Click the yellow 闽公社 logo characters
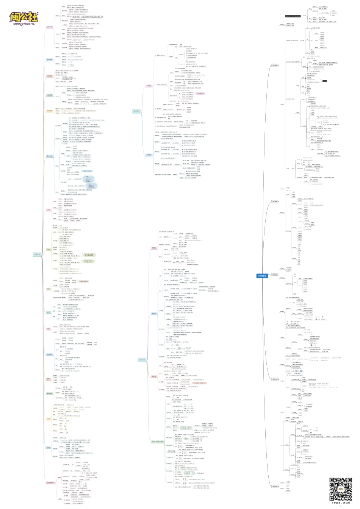click(24, 17)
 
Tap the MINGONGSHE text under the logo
click(24, 27)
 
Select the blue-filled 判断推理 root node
click(261, 276)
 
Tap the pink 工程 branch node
click(48, 210)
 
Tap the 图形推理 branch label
click(275, 65)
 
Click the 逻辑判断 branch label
click(275, 379)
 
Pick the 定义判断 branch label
click(275, 274)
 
